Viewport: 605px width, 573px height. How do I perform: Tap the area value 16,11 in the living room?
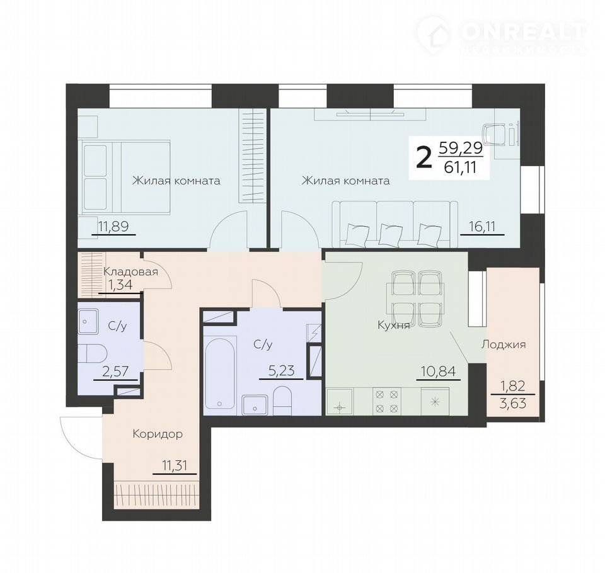point(482,226)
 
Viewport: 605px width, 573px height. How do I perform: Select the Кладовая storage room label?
point(130,271)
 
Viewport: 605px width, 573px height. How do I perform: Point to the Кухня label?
point(393,326)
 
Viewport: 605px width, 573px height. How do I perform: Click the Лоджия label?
point(504,344)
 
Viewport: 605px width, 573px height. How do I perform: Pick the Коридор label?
point(158,434)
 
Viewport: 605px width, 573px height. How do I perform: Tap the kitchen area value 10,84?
point(439,372)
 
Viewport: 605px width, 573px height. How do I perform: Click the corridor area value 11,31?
point(175,465)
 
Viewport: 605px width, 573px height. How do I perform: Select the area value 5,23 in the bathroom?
point(281,370)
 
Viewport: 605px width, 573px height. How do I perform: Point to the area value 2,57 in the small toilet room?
point(115,372)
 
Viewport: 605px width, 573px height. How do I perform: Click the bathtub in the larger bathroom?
point(219,373)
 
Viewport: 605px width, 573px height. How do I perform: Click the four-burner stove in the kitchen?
point(386,401)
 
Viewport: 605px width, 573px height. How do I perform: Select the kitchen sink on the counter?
point(339,402)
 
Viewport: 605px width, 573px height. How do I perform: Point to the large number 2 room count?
point(424,159)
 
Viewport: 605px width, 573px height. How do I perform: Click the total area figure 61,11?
point(460,167)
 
